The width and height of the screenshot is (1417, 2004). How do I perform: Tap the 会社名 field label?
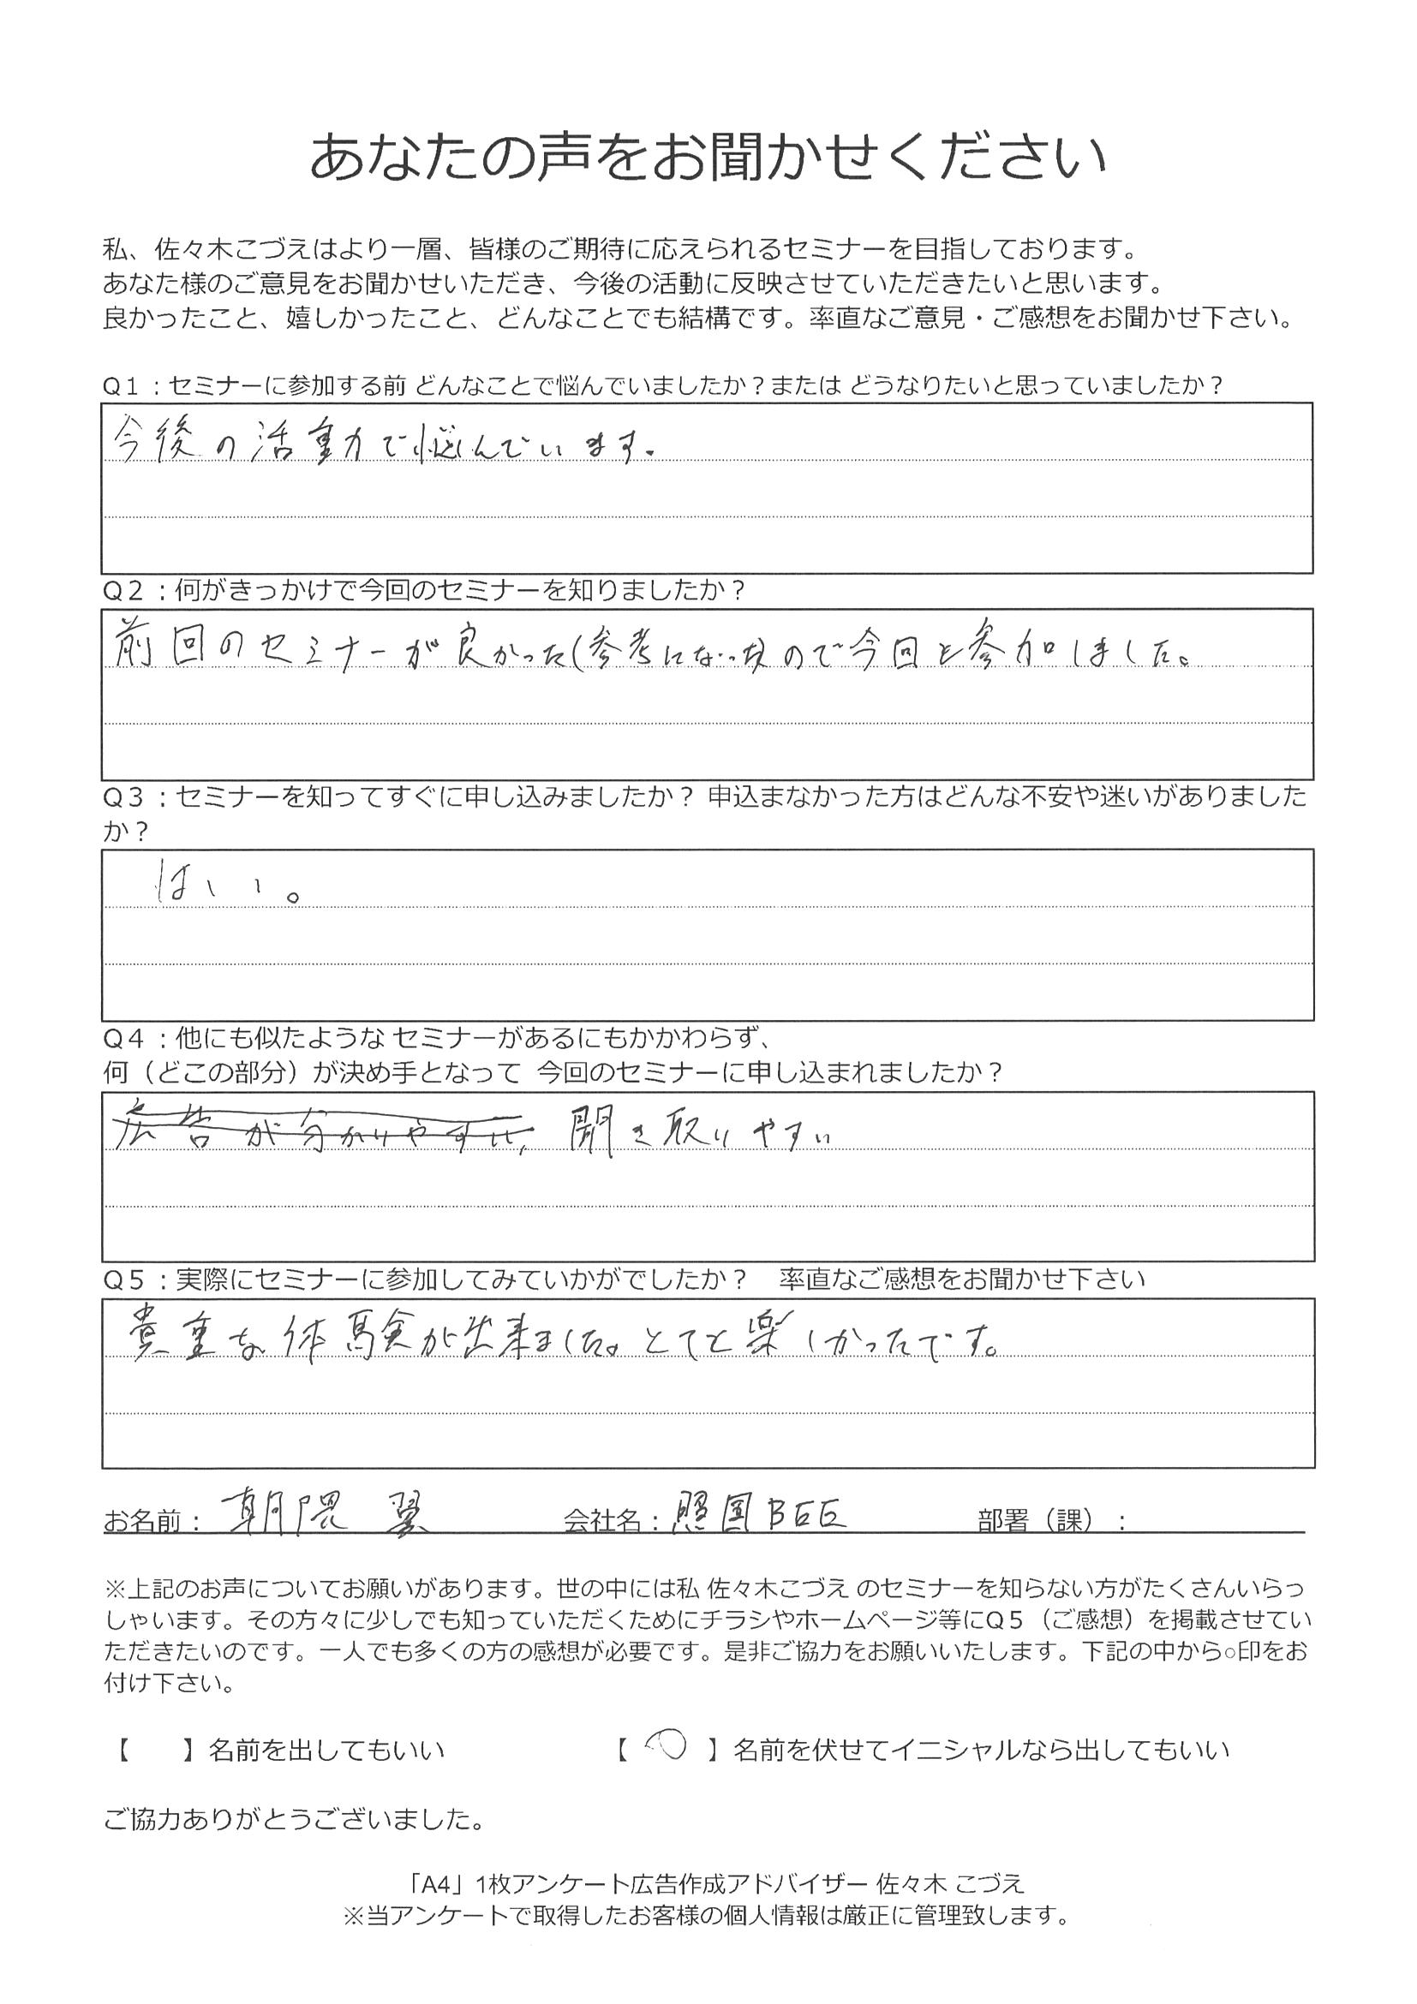coord(612,1521)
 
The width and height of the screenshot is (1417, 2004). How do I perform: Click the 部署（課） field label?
coord(1051,1521)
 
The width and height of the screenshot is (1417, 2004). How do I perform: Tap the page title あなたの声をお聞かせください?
coord(707,157)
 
